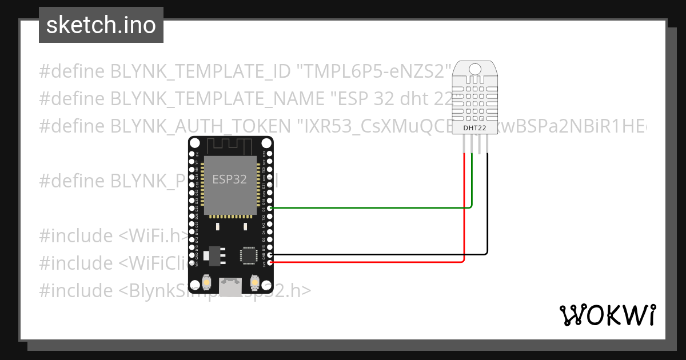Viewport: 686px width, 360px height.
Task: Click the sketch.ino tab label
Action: pos(101,25)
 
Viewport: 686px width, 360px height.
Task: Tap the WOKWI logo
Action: pos(607,315)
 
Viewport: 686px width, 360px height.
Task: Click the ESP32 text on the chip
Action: pos(229,179)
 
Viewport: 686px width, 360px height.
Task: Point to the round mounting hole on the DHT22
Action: pos(474,69)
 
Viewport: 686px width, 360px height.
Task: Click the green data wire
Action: pos(372,208)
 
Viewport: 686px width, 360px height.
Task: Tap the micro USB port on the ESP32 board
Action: pos(231,284)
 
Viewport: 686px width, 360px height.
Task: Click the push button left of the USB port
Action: pos(206,282)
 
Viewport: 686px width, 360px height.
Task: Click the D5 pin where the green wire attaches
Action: pos(270,208)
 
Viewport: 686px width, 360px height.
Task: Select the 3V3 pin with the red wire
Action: pos(270,262)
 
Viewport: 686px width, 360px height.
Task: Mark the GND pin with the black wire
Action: pos(270,254)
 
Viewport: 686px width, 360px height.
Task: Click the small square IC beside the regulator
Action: pos(249,255)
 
